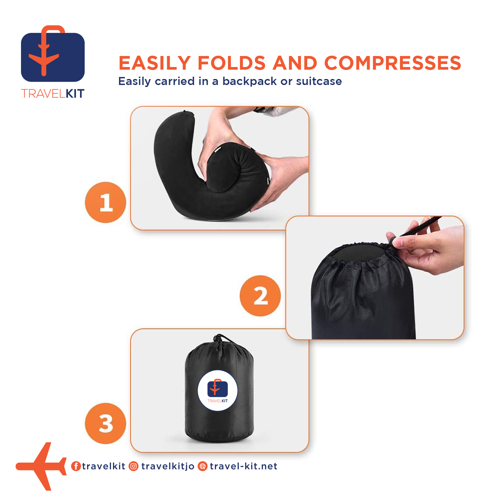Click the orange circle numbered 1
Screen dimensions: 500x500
point(106,202)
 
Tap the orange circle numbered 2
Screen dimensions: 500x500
point(260,296)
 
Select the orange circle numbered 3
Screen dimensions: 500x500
point(106,423)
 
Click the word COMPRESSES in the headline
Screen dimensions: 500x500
point(393,63)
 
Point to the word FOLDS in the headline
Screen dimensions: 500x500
point(232,63)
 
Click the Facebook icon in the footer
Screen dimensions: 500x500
point(76,466)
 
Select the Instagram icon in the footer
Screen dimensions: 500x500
point(134,466)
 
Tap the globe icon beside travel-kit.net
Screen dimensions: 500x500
point(203,466)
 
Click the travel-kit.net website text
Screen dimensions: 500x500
point(244,466)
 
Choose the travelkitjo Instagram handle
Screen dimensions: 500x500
point(168,466)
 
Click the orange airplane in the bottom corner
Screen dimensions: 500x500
point(41,466)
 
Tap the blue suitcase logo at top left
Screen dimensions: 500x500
point(53,53)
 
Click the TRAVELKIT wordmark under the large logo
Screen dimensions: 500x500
point(53,94)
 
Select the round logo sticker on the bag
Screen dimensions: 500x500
point(217,390)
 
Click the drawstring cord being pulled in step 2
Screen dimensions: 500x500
point(421,227)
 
